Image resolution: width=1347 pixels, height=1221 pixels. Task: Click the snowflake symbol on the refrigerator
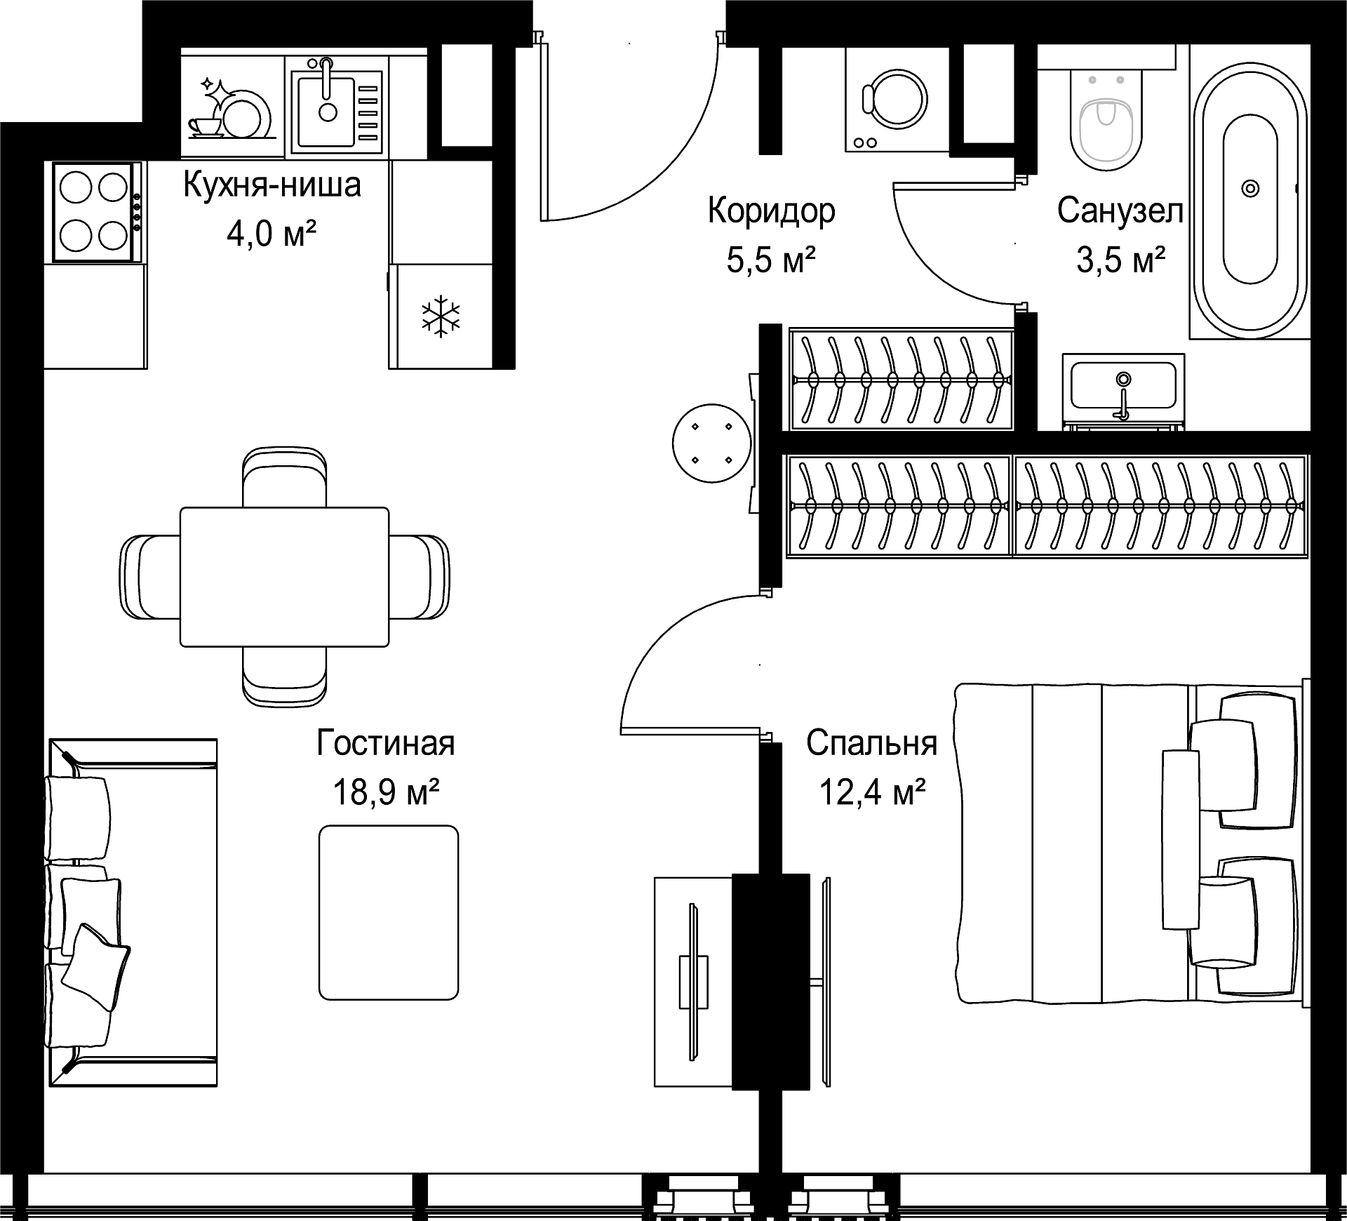[441, 316]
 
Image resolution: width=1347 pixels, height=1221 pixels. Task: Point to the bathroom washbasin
[1123, 389]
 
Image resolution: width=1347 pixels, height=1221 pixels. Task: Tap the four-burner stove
[94, 212]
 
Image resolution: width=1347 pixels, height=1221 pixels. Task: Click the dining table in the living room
[284, 576]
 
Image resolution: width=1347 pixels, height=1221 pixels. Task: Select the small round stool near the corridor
[711, 443]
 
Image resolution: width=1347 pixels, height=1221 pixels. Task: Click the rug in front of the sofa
[389, 912]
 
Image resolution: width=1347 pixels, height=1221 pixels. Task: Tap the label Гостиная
[386, 744]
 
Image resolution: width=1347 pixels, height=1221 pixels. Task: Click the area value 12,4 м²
[872, 792]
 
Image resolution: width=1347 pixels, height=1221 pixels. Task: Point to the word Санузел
[1120, 211]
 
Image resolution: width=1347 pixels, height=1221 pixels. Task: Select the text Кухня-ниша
[272, 185]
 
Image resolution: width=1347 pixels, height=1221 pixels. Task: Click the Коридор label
[771, 211]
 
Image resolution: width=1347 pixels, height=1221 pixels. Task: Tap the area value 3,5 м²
[1120, 260]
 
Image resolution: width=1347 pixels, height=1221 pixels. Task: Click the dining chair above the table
[284, 477]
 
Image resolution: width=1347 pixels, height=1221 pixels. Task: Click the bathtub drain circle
[1250, 188]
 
